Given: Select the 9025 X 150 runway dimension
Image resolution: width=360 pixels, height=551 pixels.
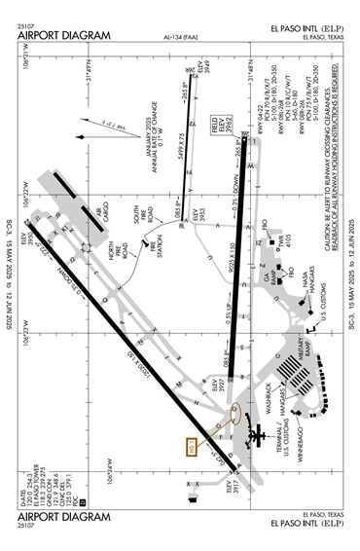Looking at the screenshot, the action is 230,261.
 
